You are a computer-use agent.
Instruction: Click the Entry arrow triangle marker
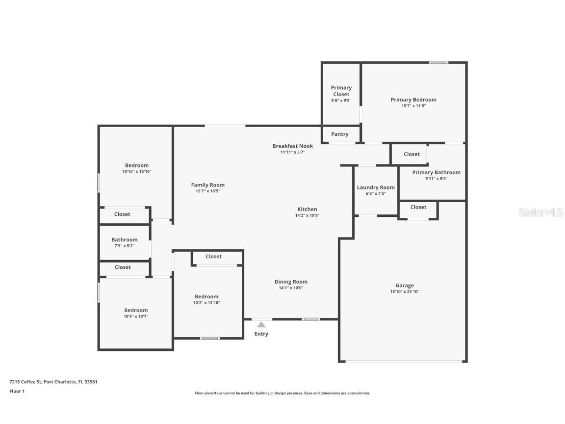click(x=261, y=324)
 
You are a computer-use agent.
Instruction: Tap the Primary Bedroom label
click(x=413, y=100)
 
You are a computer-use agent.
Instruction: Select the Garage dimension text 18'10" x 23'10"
click(x=405, y=291)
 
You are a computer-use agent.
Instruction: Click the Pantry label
click(x=340, y=134)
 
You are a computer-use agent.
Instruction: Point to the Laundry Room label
click(x=376, y=187)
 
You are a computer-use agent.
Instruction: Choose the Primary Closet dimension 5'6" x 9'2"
click(x=341, y=101)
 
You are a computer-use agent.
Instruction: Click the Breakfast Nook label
click(x=293, y=146)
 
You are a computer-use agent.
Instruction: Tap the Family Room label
click(x=208, y=185)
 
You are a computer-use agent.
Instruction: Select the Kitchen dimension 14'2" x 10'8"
click(x=308, y=215)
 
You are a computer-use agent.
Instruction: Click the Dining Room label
click(x=291, y=282)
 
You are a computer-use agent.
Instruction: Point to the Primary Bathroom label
click(x=436, y=173)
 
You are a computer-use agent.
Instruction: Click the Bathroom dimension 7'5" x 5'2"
click(x=125, y=246)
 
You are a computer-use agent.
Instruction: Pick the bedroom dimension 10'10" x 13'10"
click(x=137, y=172)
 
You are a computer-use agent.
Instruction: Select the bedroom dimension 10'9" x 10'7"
click(x=136, y=317)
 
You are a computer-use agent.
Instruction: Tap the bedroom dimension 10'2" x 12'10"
click(x=206, y=303)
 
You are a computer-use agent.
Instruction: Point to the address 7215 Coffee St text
click(x=53, y=382)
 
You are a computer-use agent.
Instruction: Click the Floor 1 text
click(x=17, y=391)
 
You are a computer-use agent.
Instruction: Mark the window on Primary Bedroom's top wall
click(x=439, y=62)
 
